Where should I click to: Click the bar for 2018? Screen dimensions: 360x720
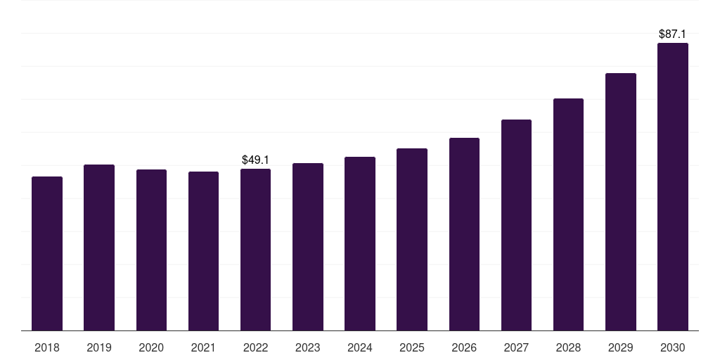[47, 253]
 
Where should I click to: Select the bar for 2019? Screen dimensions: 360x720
[99, 247]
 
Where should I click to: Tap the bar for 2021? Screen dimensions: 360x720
[203, 251]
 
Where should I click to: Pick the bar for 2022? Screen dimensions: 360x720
[255, 250]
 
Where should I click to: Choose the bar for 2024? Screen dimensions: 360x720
[360, 243]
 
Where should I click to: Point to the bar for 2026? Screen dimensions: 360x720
[464, 234]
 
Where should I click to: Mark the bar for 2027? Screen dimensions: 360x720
[516, 225]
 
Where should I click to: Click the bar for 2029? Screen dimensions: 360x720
[620, 202]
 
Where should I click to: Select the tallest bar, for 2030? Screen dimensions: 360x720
[673, 186]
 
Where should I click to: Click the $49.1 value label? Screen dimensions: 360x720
[255, 160]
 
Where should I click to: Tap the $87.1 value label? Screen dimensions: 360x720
[673, 34]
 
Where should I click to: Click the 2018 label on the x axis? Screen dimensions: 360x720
[47, 347]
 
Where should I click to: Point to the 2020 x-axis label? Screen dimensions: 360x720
[151, 347]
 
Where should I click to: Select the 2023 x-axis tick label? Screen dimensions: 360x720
[308, 347]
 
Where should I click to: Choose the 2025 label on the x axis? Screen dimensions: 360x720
[412, 347]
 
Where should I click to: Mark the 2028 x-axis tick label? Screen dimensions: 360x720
[568, 347]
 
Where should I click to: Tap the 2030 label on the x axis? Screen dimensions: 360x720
[673, 347]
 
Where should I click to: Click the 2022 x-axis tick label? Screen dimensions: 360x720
[255, 347]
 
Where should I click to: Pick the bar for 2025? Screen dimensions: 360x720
[412, 239]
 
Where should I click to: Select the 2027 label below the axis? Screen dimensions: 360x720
[516, 347]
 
